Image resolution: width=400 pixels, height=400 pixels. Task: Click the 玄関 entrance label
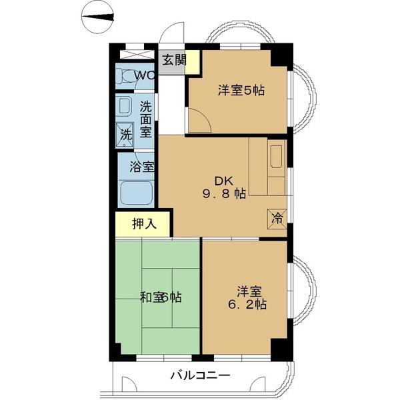click(x=172, y=59)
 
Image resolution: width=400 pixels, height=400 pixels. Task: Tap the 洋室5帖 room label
click(x=241, y=91)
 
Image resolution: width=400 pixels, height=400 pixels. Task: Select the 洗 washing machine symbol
click(x=125, y=133)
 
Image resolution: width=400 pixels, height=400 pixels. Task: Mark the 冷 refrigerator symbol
click(x=277, y=217)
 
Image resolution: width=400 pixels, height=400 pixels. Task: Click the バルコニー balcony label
click(x=201, y=375)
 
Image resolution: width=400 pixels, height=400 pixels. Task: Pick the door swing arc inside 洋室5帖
click(x=198, y=121)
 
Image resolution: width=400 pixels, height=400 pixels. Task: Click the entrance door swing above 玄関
click(x=173, y=35)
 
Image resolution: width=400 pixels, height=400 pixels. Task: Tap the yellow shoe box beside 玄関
click(x=193, y=61)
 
